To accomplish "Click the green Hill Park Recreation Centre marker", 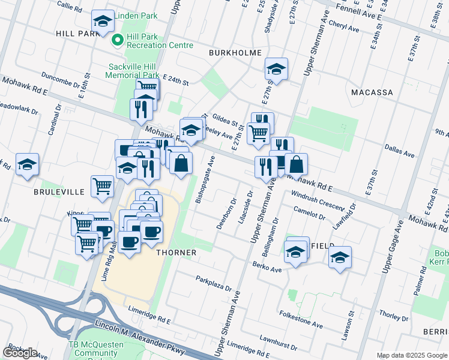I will (118, 40).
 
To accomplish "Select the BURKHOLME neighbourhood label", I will (235, 53).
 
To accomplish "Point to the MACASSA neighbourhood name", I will (372, 92).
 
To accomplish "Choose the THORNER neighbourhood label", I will (176, 253).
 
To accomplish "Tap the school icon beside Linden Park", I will (103, 22).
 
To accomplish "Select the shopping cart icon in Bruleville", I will (102, 185).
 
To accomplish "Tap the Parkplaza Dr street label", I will (213, 284).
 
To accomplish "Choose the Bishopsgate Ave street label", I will (205, 180).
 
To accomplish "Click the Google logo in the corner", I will (20, 352).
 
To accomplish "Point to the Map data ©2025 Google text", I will (411, 355).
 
